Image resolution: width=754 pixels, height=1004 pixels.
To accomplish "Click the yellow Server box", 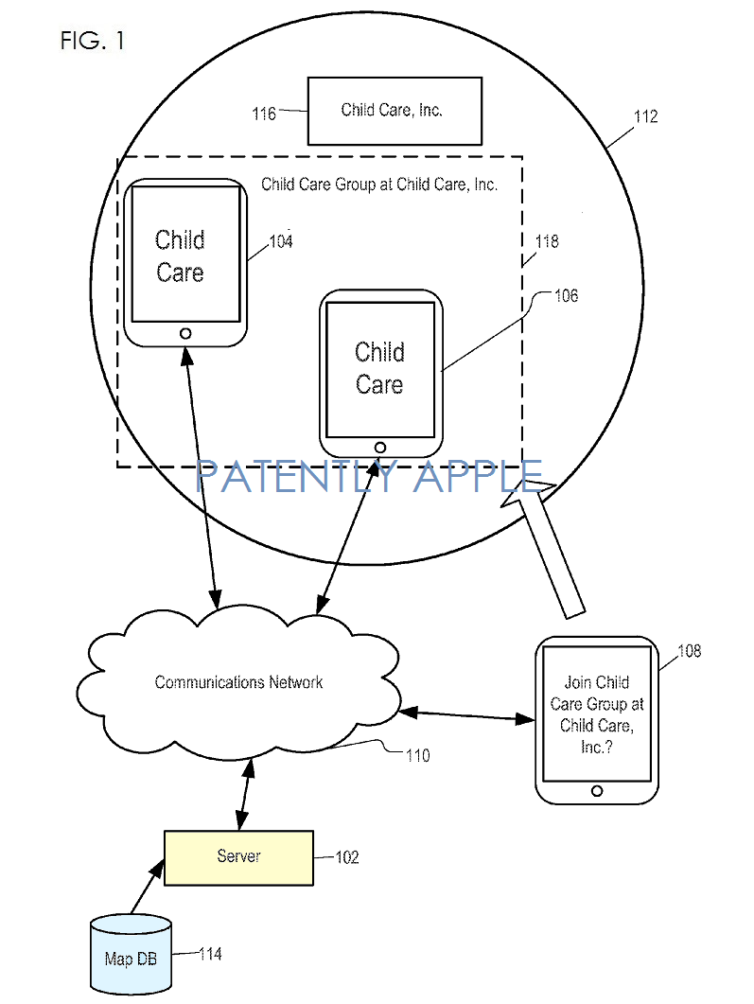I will (238, 857).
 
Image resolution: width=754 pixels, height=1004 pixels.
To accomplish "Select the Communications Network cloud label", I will (238, 682).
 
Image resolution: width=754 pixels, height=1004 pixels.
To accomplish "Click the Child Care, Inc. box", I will (395, 111).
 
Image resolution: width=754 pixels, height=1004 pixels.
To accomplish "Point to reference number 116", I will (264, 114).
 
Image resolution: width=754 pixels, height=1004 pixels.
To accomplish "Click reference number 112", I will (646, 117).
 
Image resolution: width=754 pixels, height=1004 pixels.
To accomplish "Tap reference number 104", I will (281, 242).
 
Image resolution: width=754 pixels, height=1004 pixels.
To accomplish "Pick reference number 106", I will (567, 296).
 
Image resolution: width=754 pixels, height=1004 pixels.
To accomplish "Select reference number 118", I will (547, 242).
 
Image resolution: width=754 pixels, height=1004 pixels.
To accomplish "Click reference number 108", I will (690, 651).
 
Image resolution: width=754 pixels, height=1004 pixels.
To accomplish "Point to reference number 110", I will (416, 755).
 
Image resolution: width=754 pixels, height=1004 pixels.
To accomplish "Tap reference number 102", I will (347, 857).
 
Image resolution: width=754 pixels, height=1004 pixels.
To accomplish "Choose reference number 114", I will (210, 954).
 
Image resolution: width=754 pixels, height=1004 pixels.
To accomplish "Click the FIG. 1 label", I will (92, 41).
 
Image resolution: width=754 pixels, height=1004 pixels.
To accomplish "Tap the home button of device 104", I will (185, 333).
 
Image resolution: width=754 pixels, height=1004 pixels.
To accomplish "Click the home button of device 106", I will (380, 447).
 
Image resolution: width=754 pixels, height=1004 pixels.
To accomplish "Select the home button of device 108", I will (596, 790).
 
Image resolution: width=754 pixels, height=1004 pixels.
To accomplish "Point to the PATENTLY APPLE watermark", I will (370, 476).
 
